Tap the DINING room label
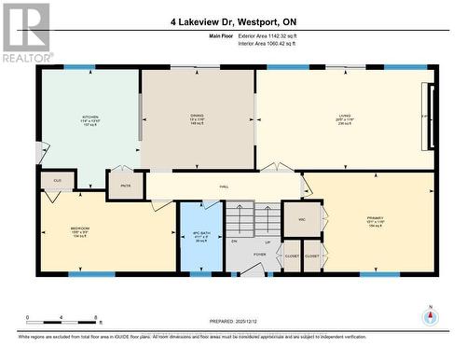click(197, 117)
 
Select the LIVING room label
click(346, 117)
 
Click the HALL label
click(225, 187)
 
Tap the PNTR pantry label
click(125, 186)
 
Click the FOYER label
click(259, 254)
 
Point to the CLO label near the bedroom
click(57, 181)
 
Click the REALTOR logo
click(25, 32)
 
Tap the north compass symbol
click(430, 315)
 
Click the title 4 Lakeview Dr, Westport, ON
click(235, 21)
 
